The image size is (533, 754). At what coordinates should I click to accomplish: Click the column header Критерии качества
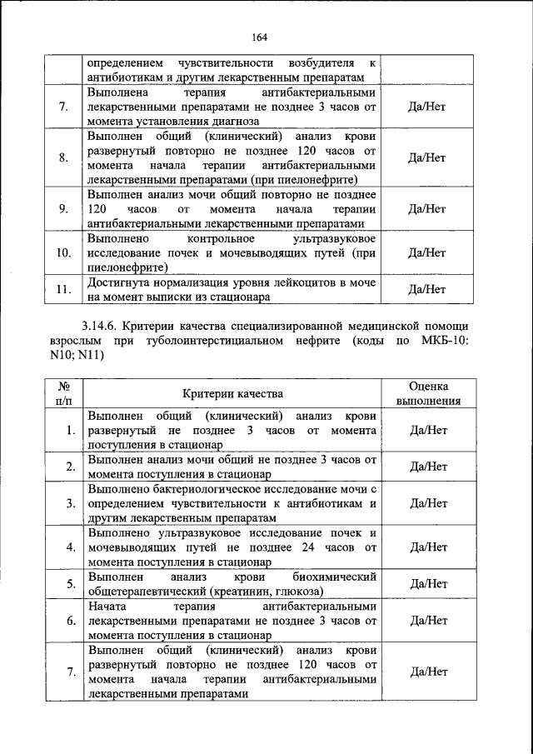pos(233,393)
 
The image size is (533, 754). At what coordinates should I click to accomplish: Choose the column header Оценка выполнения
pos(429,393)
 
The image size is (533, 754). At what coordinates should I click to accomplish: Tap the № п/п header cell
pos(63,393)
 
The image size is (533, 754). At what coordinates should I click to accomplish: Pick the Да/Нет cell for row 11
pos(429,290)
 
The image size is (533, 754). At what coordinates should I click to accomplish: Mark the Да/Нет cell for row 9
pos(429,208)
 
